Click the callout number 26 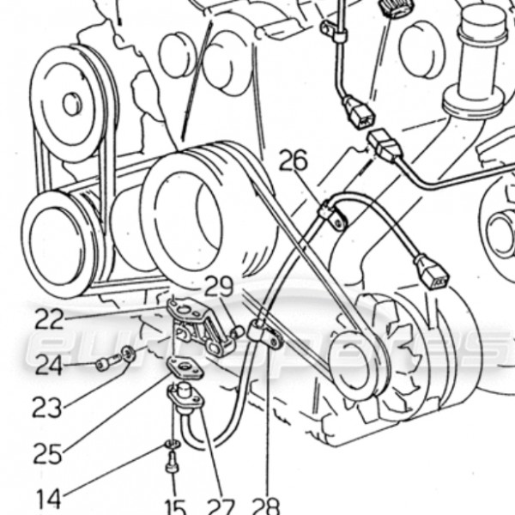click(293, 161)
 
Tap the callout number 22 click(49, 318)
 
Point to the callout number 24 click(49, 366)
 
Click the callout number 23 click(48, 407)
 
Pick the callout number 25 click(47, 452)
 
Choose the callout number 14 click(48, 499)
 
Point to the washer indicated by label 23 click(128, 353)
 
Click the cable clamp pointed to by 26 click(332, 215)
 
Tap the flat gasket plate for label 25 click(182, 368)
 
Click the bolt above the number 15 click(172, 464)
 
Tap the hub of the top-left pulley click(72, 103)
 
